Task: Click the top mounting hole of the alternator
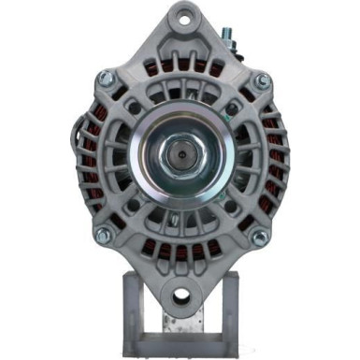point(180,18)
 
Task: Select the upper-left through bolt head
point(105,79)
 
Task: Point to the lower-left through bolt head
point(102,235)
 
